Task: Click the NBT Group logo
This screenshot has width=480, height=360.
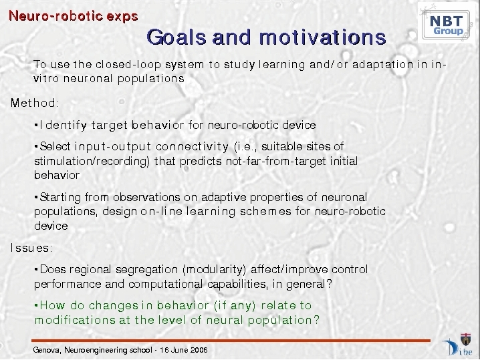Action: (446, 23)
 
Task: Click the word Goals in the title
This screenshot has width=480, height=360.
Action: (176, 37)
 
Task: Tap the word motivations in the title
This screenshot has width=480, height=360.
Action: (322, 37)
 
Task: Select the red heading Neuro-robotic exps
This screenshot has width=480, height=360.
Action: (73, 16)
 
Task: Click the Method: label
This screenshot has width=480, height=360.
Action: (34, 103)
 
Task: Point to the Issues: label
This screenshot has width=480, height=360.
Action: (31, 248)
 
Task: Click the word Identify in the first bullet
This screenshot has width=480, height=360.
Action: (64, 125)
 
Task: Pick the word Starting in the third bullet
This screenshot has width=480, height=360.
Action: (60, 197)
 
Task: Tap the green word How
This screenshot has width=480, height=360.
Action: (52, 305)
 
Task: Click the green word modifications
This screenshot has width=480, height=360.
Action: (75, 320)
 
